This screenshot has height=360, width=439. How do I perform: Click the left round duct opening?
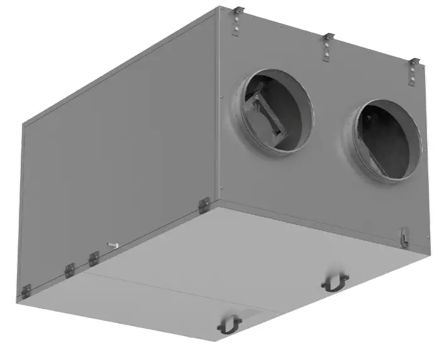[275, 109]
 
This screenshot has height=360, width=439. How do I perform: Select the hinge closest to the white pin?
[94, 258]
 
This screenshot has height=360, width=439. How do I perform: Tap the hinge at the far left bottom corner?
[26, 291]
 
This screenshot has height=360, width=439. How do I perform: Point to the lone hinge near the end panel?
[203, 205]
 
